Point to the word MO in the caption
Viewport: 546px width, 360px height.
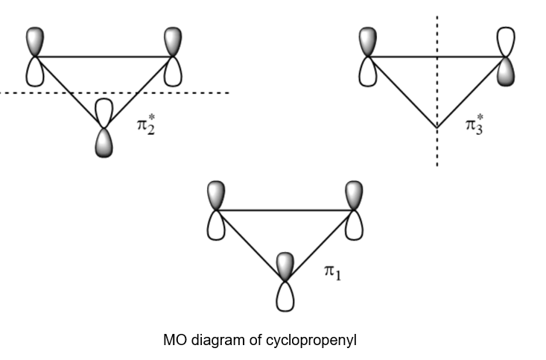click(173, 341)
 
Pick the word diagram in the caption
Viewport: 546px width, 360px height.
click(215, 341)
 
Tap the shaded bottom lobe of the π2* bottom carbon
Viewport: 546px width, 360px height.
click(104, 142)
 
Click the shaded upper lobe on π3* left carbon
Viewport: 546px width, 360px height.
click(366, 42)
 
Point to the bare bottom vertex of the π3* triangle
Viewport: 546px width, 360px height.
click(437, 129)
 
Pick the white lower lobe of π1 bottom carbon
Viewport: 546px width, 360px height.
click(284, 296)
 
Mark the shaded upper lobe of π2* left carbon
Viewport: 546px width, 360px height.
click(36, 42)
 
